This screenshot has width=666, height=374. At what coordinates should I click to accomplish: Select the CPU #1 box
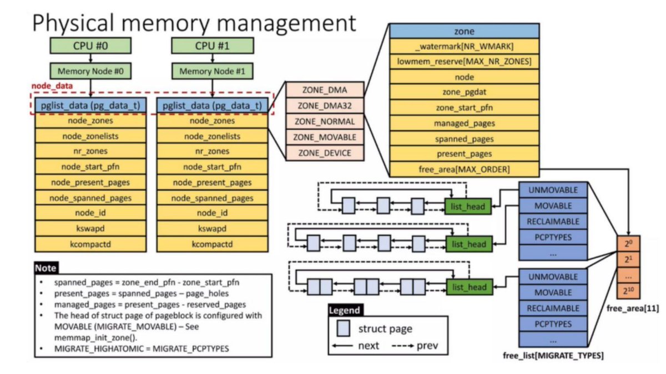click(x=212, y=45)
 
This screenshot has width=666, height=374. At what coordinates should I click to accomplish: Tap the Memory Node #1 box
click(x=212, y=71)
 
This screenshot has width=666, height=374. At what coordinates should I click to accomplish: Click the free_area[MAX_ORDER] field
click(x=464, y=168)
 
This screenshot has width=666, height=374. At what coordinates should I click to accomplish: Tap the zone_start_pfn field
click(x=464, y=108)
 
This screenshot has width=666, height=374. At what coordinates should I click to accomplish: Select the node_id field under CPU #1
click(x=212, y=213)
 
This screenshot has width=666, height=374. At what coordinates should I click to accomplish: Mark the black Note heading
click(x=46, y=267)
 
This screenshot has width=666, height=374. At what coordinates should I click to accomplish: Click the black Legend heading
click(x=344, y=310)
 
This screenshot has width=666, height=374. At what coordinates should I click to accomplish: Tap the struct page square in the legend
click(x=342, y=329)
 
